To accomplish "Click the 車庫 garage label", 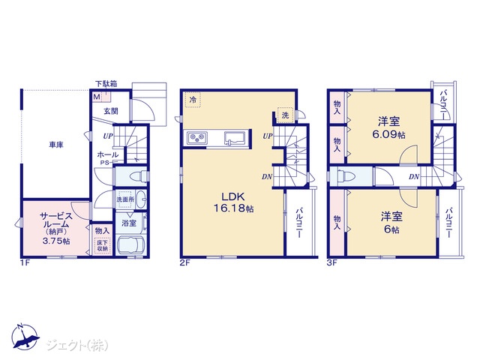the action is tap(56, 145).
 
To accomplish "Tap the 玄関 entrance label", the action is tap(111, 111).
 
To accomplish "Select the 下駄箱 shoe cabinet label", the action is tap(106, 83).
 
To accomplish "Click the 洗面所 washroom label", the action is tap(125, 199).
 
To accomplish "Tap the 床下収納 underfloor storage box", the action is tap(102, 246).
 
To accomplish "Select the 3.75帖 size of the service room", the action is tap(56, 241).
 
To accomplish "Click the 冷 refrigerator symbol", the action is tap(193, 100).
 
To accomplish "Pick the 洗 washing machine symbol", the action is tap(285, 115).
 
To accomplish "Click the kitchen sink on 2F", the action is tap(235, 138).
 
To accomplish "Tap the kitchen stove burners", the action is tap(197, 138).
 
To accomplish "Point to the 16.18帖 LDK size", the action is tap(233, 208).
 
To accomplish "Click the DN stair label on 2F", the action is tap(267, 177).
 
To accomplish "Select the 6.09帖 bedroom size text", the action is tap(388, 134).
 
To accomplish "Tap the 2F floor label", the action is tap(185, 262).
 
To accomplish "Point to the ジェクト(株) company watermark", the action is tap(77, 346).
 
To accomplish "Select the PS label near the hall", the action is tap(104, 163).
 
